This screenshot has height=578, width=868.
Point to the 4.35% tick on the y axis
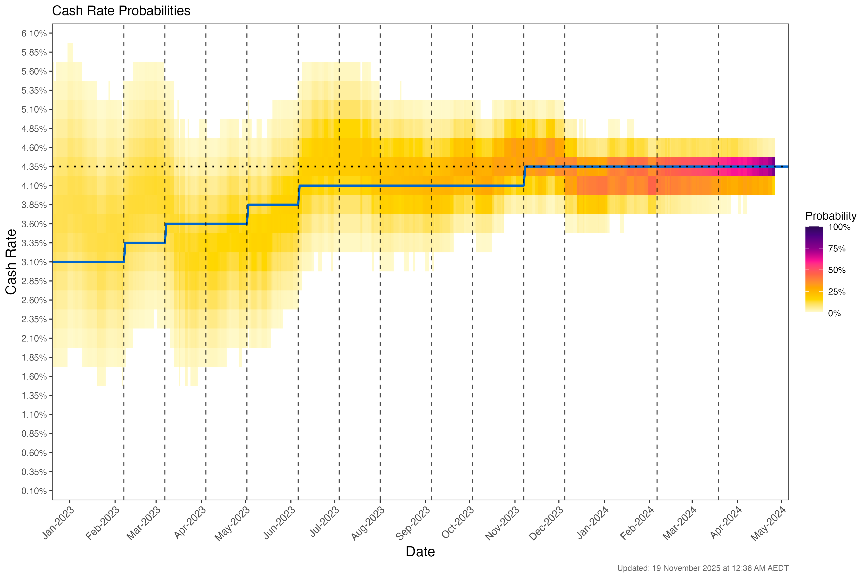pos(34,167)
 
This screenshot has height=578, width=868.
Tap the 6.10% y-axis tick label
pos(34,33)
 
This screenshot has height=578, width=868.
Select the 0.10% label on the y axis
pos(34,491)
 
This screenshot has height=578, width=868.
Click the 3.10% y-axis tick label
pos(34,262)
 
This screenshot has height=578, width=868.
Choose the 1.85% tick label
pos(34,358)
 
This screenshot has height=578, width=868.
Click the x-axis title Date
pos(420,552)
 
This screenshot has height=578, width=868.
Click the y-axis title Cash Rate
pos(11,262)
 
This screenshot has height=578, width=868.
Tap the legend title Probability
pos(831,216)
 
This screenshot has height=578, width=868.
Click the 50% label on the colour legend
pos(837,270)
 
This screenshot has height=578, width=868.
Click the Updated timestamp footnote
pos(703,568)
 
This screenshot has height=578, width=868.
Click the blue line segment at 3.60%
pos(207,224)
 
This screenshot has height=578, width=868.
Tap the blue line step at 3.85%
pos(273,204)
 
